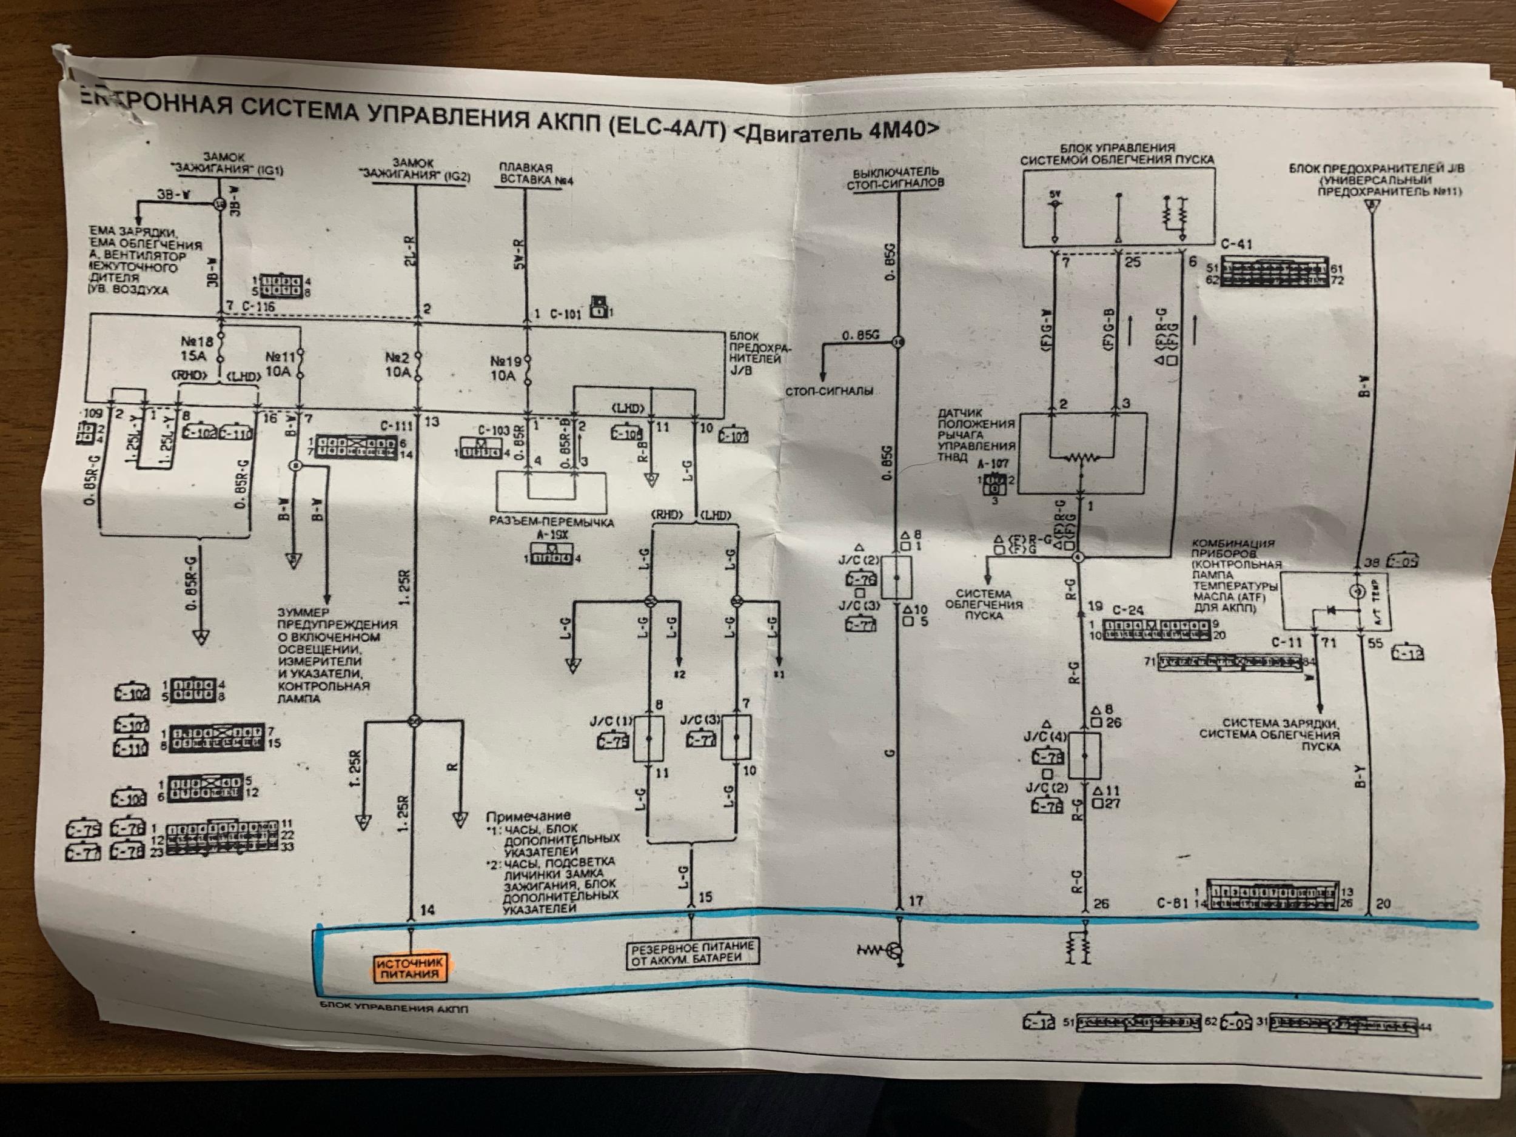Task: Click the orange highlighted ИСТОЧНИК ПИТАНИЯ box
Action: tap(409, 968)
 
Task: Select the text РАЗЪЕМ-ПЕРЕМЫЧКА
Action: tap(552, 522)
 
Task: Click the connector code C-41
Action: tap(1238, 244)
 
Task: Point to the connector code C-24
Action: tap(1129, 609)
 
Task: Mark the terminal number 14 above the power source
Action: tap(427, 910)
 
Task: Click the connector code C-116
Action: tap(258, 306)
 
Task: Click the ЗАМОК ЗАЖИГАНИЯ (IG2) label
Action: tap(414, 169)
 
